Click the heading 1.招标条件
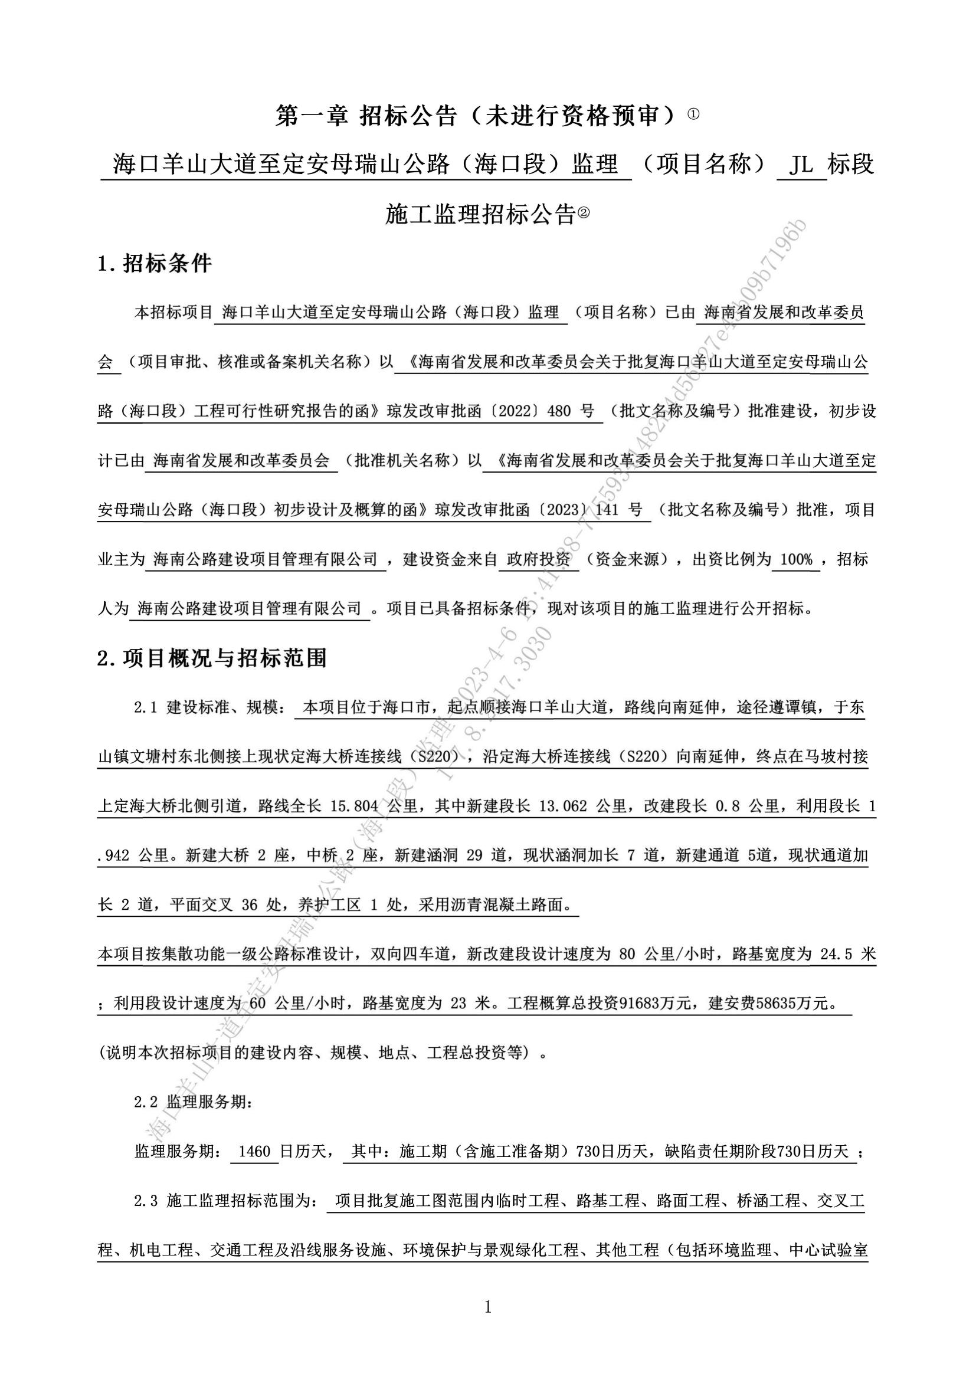pos(155,263)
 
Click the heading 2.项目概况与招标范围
pos(212,659)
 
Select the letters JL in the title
pos(802,164)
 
